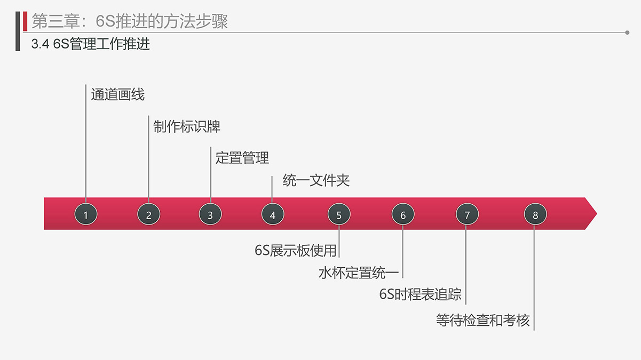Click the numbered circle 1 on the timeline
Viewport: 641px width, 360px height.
pos(86,214)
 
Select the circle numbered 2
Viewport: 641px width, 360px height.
pos(148,214)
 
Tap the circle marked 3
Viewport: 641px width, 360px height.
pos(210,214)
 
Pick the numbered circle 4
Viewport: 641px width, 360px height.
pos(273,214)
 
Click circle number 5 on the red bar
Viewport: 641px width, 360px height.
pos(339,214)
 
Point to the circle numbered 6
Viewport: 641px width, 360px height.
pos(403,214)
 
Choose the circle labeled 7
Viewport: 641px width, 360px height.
pos(467,214)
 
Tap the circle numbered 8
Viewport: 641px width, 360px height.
pos(535,214)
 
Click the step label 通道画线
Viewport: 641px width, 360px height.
pos(118,94)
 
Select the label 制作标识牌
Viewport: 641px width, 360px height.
pos(187,126)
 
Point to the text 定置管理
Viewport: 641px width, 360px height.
pos(242,158)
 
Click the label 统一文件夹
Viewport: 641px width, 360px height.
pos(316,180)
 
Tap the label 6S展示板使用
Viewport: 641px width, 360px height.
pos(296,251)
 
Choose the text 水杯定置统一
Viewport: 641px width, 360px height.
pos(359,273)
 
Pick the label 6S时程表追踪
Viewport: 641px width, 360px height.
pos(421,294)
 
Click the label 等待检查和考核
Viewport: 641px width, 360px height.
pos(483,320)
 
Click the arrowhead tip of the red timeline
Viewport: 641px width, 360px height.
pos(597,213)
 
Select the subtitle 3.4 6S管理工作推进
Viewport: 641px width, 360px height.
pos(90,44)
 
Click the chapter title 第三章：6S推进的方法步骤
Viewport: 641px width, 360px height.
pos(130,21)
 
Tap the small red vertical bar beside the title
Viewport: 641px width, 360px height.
pos(25,21)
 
